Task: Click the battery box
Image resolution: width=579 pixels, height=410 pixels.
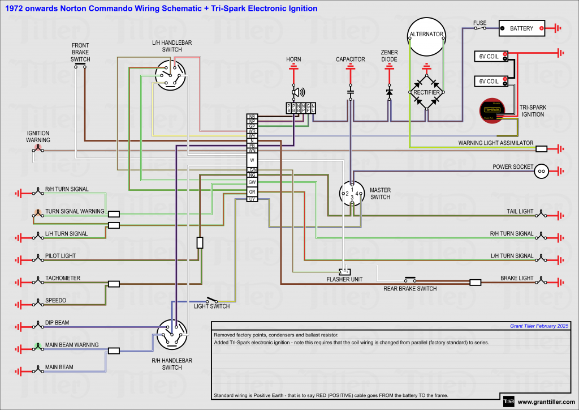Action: click(521, 28)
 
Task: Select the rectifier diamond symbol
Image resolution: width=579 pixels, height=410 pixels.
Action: click(427, 92)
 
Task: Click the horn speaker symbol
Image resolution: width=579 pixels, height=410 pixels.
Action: click(296, 92)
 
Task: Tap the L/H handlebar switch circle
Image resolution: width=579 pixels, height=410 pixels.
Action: click(171, 75)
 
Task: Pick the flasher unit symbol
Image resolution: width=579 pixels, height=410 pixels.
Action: click(345, 271)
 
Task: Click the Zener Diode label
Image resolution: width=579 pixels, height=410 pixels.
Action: click(389, 55)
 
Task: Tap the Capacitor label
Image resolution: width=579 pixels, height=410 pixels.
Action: click(351, 59)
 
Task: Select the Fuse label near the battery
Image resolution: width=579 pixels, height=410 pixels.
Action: click(479, 23)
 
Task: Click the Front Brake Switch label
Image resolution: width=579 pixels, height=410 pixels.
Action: click(80, 52)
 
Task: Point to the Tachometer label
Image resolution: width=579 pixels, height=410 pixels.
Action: click(63, 278)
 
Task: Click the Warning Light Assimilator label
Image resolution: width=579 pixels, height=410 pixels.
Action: click(495, 143)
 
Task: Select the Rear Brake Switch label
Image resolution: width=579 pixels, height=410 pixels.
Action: click(410, 289)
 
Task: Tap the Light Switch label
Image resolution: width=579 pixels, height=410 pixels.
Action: click(211, 306)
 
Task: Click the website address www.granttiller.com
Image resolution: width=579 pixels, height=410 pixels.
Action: click(545, 402)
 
